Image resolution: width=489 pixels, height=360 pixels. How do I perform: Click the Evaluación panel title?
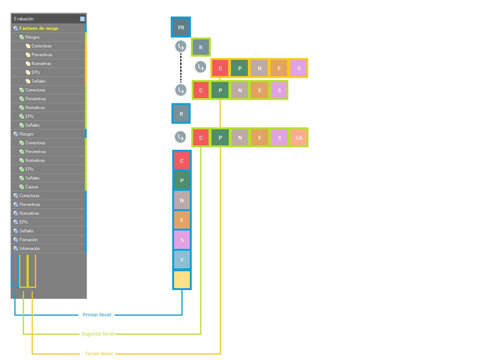(x=24, y=19)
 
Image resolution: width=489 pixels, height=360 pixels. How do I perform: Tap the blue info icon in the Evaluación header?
(x=83, y=19)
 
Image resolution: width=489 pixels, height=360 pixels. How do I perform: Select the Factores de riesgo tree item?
(x=39, y=29)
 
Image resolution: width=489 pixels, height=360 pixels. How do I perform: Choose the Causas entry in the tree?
(x=32, y=187)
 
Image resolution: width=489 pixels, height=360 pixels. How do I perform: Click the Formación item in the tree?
(x=29, y=240)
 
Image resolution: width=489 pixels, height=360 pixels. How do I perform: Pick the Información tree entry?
(x=30, y=248)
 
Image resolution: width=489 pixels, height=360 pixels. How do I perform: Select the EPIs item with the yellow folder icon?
(x=35, y=72)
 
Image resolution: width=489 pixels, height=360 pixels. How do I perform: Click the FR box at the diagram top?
(x=181, y=27)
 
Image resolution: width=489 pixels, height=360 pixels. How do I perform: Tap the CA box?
(x=298, y=137)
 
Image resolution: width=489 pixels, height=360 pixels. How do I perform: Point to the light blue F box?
(x=182, y=260)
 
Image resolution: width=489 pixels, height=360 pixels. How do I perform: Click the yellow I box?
(x=182, y=280)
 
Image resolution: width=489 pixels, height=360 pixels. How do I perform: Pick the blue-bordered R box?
(x=181, y=114)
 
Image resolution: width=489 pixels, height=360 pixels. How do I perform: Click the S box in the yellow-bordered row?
(x=298, y=68)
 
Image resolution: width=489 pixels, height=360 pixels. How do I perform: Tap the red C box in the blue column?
(x=182, y=161)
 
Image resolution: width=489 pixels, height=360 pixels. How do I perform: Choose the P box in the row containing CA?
(x=220, y=137)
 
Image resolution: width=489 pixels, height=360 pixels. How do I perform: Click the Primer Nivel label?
(x=97, y=315)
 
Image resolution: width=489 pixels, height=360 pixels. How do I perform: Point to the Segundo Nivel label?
(x=98, y=334)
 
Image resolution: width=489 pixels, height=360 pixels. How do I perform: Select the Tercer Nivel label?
(x=99, y=353)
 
